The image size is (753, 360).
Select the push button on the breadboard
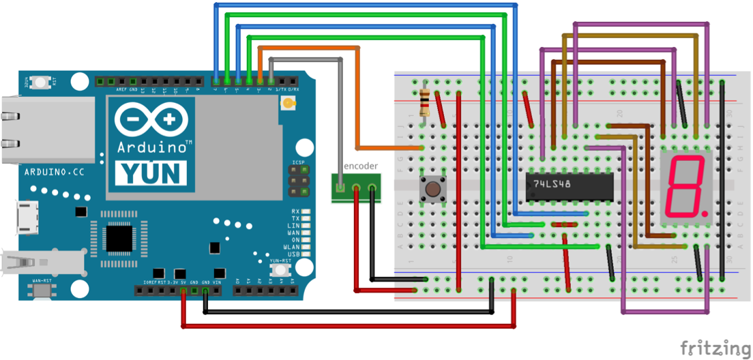pos(432,189)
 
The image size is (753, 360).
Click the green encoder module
pos(356,187)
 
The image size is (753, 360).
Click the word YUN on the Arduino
pos(151,173)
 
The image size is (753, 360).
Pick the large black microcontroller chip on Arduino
pos(120,238)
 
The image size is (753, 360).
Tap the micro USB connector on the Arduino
pos(27,217)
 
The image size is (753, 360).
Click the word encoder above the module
pos(360,166)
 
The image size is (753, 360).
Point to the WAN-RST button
pos(42,290)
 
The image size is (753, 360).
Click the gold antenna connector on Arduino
pos(290,104)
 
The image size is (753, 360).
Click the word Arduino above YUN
pos(153,147)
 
